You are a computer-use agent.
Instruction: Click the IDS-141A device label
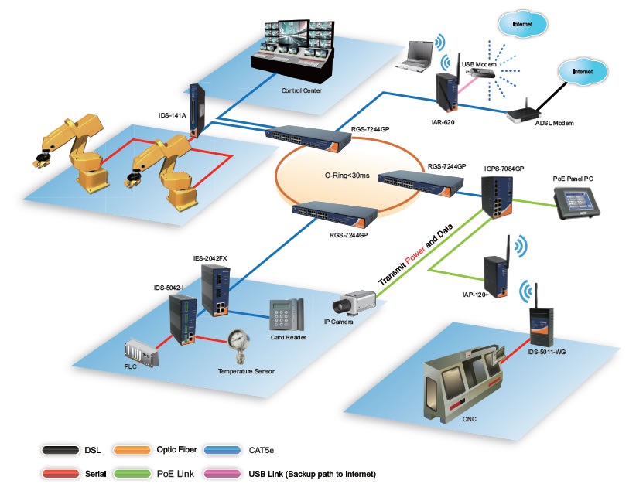tap(173, 115)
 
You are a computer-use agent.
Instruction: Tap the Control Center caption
tap(301, 90)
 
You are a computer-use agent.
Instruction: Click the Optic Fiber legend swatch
tap(132, 450)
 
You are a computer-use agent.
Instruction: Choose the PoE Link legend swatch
tap(132, 472)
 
